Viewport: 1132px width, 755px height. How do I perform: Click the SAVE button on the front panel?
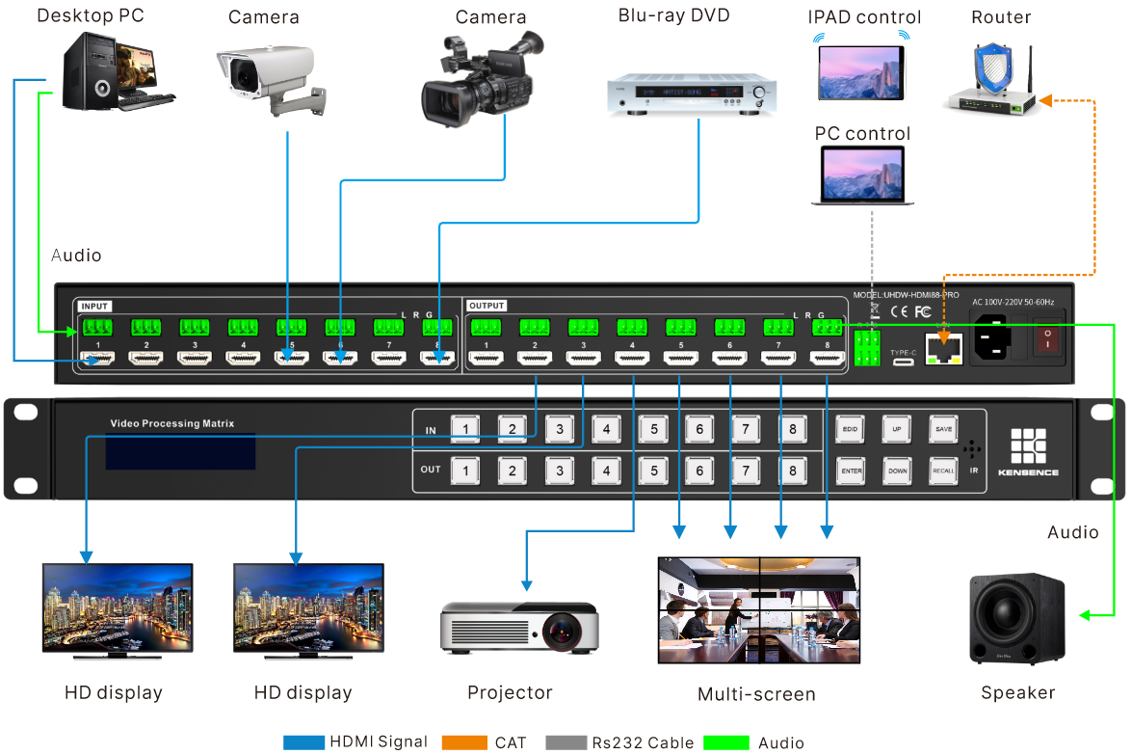[944, 429]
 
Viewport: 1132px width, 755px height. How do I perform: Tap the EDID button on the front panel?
[850, 429]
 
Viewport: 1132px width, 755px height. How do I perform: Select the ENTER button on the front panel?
[850, 471]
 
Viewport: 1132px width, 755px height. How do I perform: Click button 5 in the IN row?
[653, 429]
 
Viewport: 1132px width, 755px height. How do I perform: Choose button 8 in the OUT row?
[793, 471]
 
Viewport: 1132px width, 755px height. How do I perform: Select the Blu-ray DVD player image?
[693, 95]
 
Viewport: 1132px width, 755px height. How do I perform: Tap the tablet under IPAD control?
[862, 72]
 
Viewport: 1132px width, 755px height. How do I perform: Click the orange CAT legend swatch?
[463, 742]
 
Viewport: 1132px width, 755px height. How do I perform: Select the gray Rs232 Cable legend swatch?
[567, 742]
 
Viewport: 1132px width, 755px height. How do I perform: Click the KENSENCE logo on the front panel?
[1028, 450]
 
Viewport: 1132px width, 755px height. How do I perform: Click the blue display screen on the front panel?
[180, 451]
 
